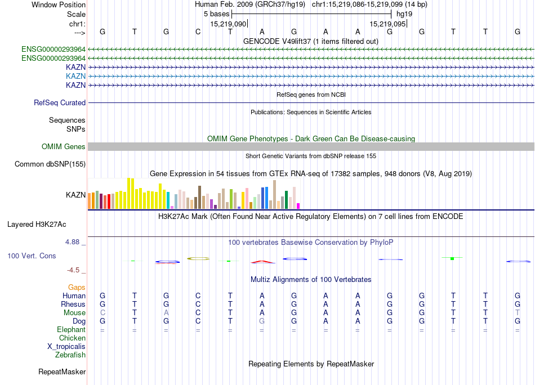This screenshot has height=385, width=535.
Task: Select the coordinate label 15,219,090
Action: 228,24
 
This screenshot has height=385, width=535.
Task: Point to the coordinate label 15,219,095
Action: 387,24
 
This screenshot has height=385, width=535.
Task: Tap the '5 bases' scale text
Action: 216,14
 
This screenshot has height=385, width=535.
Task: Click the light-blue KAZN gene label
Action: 75,76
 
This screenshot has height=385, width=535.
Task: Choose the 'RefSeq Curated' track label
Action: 60,103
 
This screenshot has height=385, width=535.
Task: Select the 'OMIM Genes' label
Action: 64,147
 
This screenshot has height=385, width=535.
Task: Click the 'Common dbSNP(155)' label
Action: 50,164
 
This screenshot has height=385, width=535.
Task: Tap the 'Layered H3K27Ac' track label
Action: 37,224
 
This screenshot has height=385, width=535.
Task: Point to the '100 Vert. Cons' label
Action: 32,256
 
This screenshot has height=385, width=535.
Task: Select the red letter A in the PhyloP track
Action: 263,261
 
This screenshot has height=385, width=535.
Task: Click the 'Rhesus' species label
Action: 73,304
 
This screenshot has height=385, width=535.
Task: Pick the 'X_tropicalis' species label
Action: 66,346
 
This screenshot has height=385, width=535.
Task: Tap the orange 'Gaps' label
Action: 77,287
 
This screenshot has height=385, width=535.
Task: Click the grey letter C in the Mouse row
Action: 102,312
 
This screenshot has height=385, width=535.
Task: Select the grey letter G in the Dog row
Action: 262,321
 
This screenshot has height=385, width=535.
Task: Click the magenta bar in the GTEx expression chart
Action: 298,205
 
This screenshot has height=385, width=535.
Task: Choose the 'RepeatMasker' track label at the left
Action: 62,371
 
